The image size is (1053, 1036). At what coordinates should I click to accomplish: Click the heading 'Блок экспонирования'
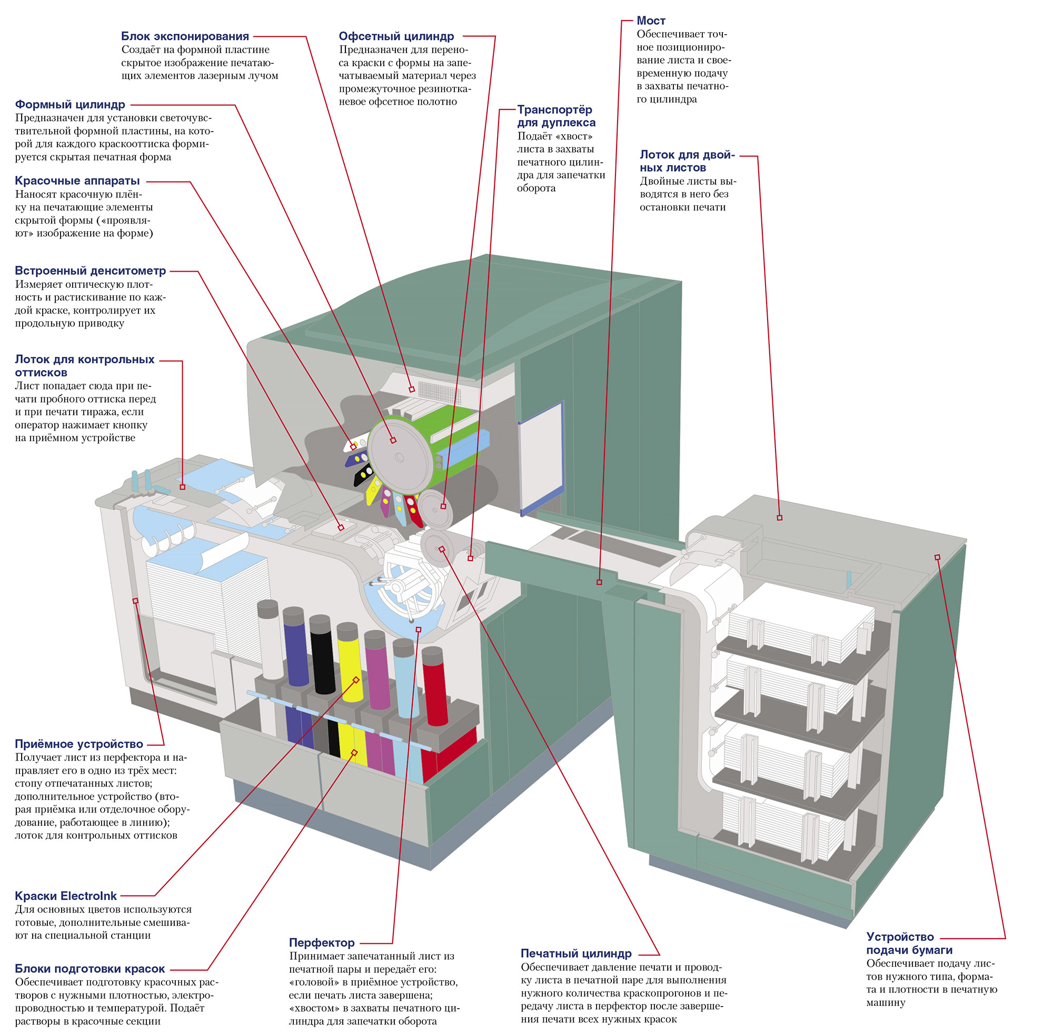pyautogui.click(x=184, y=36)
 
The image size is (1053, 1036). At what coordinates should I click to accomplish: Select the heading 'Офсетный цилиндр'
pyautogui.click(x=395, y=36)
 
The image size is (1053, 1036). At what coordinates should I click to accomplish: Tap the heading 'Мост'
pyautogui.click(x=650, y=21)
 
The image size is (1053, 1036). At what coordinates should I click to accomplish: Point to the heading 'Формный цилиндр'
pyautogui.click(x=69, y=104)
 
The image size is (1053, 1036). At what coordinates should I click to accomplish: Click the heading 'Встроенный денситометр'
pyautogui.click(x=91, y=271)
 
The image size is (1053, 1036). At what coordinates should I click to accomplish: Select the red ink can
pyautogui.click(x=434, y=685)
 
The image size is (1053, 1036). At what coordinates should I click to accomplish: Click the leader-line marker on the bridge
pyautogui.click(x=599, y=582)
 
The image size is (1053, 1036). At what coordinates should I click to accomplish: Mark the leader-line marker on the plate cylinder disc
pyautogui.click(x=393, y=440)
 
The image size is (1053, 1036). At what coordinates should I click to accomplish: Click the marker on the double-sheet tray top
pyautogui.click(x=779, y=517)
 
